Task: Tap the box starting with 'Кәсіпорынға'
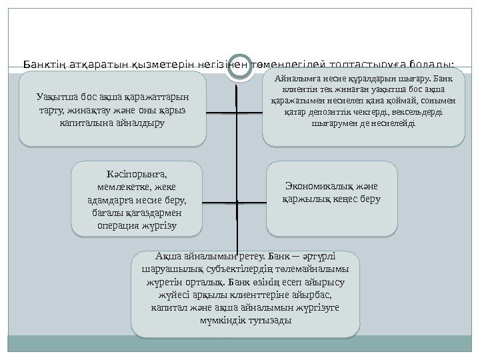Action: tap(137, 199)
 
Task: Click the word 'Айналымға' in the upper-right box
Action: tap(294, 80)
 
